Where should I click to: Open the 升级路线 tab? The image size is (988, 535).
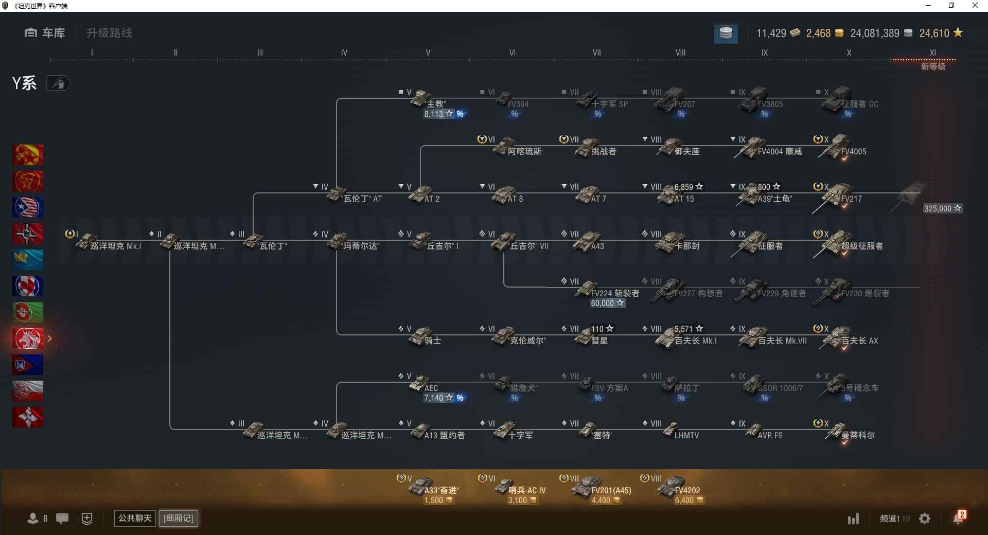coord(109,33)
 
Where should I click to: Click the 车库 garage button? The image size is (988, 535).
coord(45,33)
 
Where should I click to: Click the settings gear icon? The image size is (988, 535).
coord(925,519)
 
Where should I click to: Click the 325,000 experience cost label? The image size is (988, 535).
coord(942,208)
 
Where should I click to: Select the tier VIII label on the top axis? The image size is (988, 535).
coord(680,52)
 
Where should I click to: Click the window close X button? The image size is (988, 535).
coord(975,6)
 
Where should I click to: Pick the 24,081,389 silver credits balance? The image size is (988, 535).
coord(875,33)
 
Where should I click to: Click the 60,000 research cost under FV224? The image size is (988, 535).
coord(607,304)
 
